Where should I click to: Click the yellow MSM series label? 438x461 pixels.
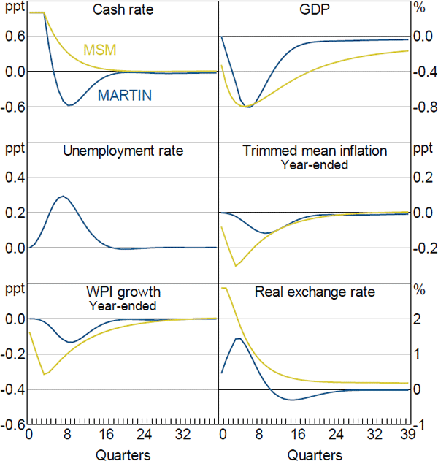click(x=101, y=50)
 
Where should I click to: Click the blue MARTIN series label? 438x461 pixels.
click(x=125, y=95)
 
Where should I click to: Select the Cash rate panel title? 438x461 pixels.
click(x=122, y=11)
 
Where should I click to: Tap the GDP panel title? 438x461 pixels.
click(x=313, y=11)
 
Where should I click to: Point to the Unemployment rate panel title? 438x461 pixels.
click(x=123, y=151)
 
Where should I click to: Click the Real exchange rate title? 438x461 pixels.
click(x=315, y=292)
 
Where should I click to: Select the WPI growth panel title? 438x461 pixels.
click(x=123, y=293)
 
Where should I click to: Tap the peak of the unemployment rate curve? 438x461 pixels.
click(x=63, y=196)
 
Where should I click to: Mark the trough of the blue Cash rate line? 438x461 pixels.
click(x=69, y=105)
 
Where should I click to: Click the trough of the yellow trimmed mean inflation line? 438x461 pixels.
click(x=235, y=265)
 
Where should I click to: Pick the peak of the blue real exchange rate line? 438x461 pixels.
click(x=239, y=338)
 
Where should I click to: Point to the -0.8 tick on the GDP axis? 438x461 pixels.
click(x=423, y=107)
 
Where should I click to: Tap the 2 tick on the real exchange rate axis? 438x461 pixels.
click(x=418, y=319)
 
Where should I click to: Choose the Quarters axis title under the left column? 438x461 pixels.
click(x=123, y=453)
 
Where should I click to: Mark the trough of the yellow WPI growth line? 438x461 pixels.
click(x=45, y=374)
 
